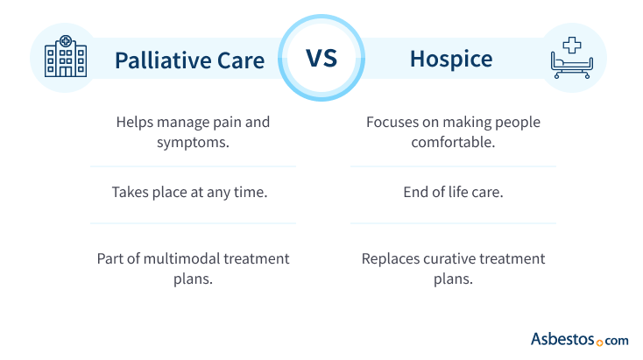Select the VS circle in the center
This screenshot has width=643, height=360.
point(321,59)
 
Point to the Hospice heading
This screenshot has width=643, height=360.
point(451,60)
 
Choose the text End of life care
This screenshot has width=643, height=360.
point(453,192)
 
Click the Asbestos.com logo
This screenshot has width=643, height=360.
point(579,338)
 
